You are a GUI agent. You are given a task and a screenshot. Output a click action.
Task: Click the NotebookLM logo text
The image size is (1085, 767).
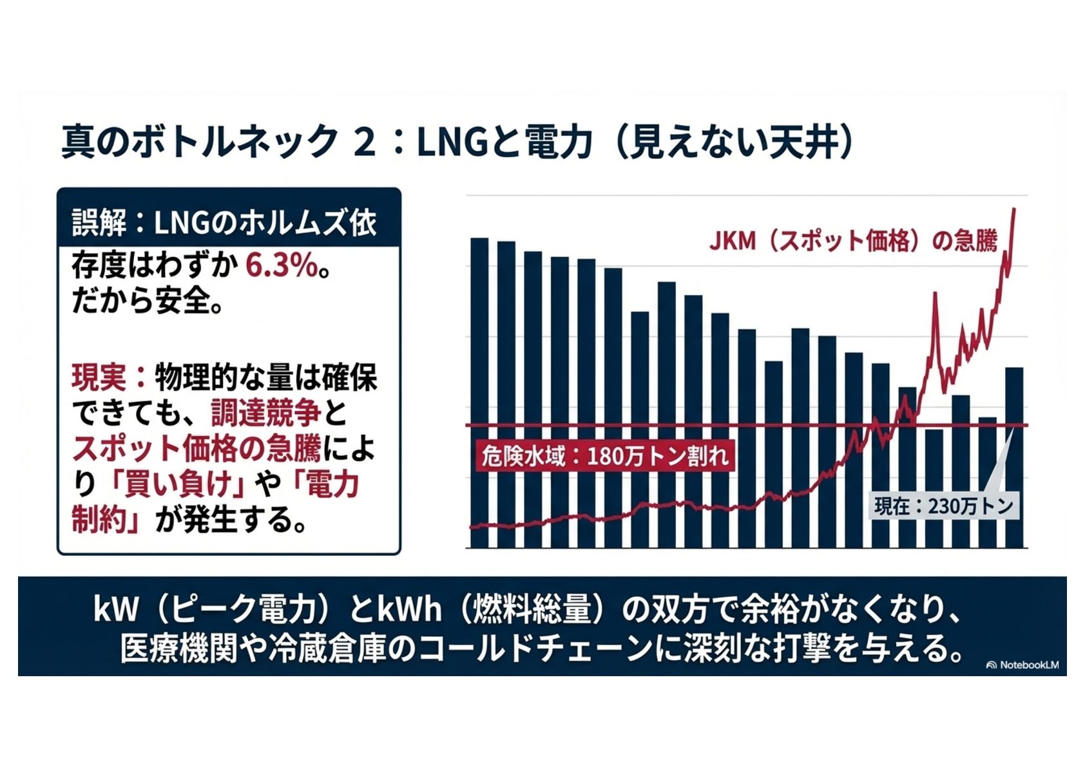tap(1028, 665)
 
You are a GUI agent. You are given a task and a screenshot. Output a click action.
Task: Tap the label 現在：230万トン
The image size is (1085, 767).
tap(944, 506)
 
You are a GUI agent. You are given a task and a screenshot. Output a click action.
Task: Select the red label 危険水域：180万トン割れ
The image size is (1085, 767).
tap(605, 456)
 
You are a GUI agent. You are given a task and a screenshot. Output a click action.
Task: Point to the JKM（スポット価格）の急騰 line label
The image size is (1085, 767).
tap(852, 241)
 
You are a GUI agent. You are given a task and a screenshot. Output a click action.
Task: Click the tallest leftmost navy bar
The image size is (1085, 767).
tap(479, 386)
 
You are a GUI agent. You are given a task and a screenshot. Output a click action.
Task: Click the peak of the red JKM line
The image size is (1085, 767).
tap(1014, 210)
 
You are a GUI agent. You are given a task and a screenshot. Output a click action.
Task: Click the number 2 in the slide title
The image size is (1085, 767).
tap(364, 142)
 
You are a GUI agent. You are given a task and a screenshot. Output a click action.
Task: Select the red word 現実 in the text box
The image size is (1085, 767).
tap(99, 377)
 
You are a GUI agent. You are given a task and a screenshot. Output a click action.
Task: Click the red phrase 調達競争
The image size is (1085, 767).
tap(265, 413)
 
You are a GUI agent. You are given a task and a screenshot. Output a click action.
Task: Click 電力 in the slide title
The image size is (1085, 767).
tap(559, 142)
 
